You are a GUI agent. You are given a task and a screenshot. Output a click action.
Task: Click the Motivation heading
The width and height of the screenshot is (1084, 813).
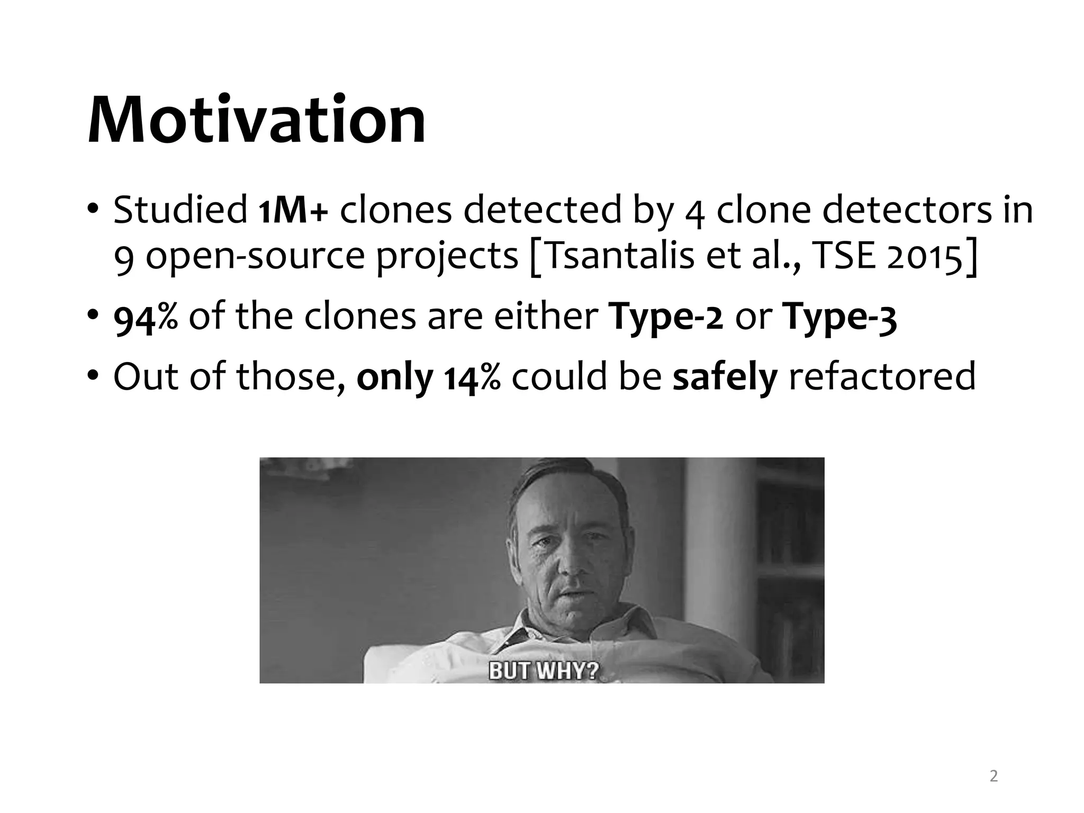tap(256, 121)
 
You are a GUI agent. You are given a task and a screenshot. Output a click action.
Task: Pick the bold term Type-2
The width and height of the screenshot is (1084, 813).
tap(667, 318)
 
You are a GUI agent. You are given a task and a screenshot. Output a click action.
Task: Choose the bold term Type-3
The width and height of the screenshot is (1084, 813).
tap(841, 318)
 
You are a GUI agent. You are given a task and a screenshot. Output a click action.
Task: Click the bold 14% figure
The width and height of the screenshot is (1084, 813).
tap(472, 378)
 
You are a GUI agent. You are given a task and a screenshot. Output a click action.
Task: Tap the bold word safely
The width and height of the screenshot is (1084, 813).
tap(725, 378)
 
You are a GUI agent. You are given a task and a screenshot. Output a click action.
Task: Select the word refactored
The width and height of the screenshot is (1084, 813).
tap(882, 378)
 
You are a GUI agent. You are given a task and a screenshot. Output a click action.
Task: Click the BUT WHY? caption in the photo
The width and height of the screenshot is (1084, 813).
tap(543, 671)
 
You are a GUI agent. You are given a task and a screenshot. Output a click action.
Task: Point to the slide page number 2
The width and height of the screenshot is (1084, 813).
tap(993, 776)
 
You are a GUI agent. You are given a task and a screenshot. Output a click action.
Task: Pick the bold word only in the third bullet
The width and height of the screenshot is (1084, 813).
tap(394, 378)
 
